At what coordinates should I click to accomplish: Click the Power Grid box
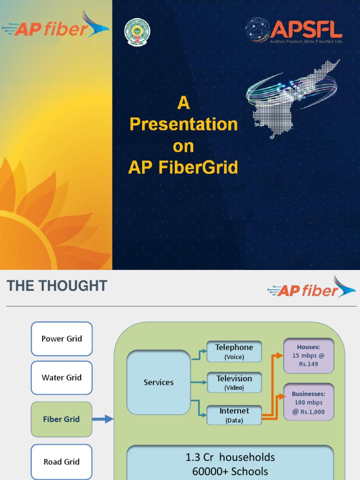[x=61, y=339]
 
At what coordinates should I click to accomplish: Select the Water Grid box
[x=61, y=378]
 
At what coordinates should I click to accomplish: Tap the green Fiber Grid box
[x=61, y=419]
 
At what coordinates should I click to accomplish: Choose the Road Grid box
[x=61, y=462]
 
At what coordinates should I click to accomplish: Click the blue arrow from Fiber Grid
[x=103, y=419]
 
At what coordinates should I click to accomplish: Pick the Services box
[x=158, y=382]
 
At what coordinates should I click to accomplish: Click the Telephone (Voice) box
[x=234, y=352]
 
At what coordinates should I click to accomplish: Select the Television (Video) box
[x=234, y=382]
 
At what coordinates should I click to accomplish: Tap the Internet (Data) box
[x=234, y=415]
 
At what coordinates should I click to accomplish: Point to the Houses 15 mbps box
[x=308, y=355]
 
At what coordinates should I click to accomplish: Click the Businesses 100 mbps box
[x=308, y=402]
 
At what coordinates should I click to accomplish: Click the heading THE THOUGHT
[x=57, y=286]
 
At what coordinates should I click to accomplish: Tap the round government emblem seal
[x=137, y=31]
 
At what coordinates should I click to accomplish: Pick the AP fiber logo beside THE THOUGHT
[x=311, y=288]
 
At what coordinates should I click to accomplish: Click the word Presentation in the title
[x=183, y=124]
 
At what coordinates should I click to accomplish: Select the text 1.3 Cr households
[x=230, y=457]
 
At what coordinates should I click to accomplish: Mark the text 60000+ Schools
[x=230, y=471]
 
